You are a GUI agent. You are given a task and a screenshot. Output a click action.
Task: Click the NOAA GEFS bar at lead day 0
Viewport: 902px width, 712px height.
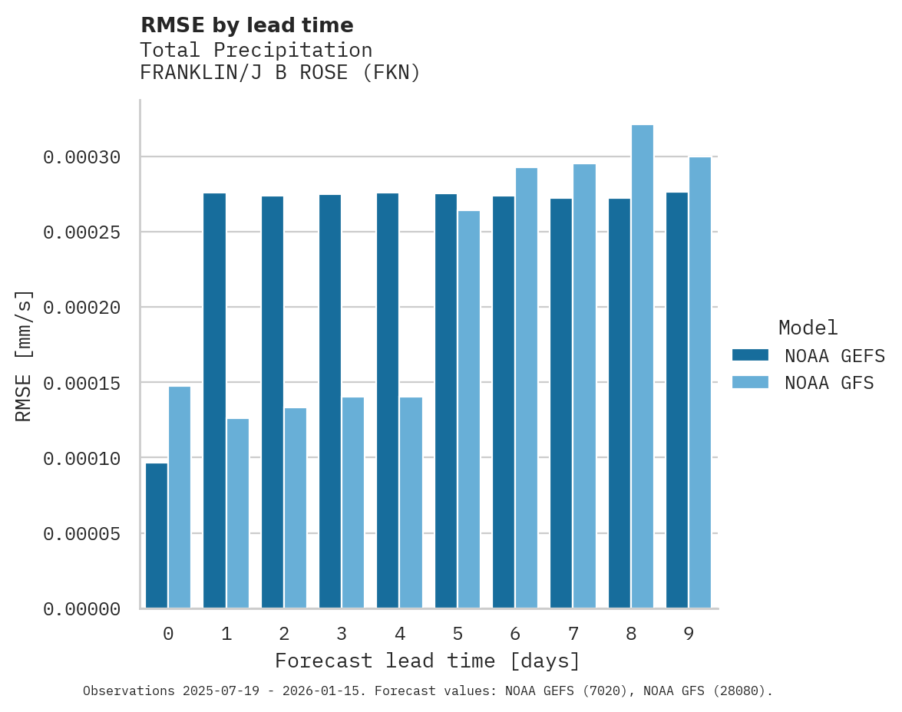[x=157, y=536]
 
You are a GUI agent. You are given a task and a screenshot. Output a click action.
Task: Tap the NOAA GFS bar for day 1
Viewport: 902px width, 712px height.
[x=238, y=513]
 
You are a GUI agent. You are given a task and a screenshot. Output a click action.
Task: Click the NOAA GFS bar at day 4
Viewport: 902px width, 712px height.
[x=411, y=503]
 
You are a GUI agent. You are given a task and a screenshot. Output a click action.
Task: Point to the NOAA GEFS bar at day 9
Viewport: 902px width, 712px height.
[x=677, y=400]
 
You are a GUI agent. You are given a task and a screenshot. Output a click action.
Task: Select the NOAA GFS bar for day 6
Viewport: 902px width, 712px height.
[x=527, y=388]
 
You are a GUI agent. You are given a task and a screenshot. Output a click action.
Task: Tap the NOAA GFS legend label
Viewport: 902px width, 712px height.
[x=829, y=382]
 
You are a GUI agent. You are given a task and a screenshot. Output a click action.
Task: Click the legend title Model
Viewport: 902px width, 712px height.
[x=808, y=328]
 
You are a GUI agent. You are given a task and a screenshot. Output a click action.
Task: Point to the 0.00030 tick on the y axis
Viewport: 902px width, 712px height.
[x=82, y=157]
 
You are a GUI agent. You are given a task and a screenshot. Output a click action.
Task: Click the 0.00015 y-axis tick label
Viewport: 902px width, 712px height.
[x=82, y=383]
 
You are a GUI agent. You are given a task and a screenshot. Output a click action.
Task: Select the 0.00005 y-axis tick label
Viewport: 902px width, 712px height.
[x=82, y=533]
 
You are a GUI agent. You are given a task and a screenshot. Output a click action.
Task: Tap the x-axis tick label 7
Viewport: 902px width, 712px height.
[x=573, y=634]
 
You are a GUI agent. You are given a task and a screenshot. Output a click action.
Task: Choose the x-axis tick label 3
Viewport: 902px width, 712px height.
[x=342, y=634]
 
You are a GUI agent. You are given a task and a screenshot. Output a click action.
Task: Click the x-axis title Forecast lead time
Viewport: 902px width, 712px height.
[x=428, y=661]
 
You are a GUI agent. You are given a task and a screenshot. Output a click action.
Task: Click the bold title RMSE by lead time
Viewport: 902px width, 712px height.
[x=247, y=25]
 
